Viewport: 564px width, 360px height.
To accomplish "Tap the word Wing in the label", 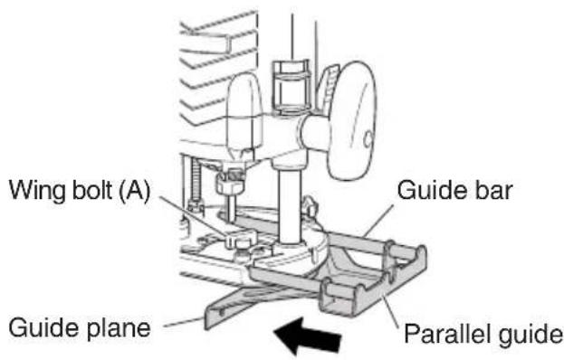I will click(x=33, y=192).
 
